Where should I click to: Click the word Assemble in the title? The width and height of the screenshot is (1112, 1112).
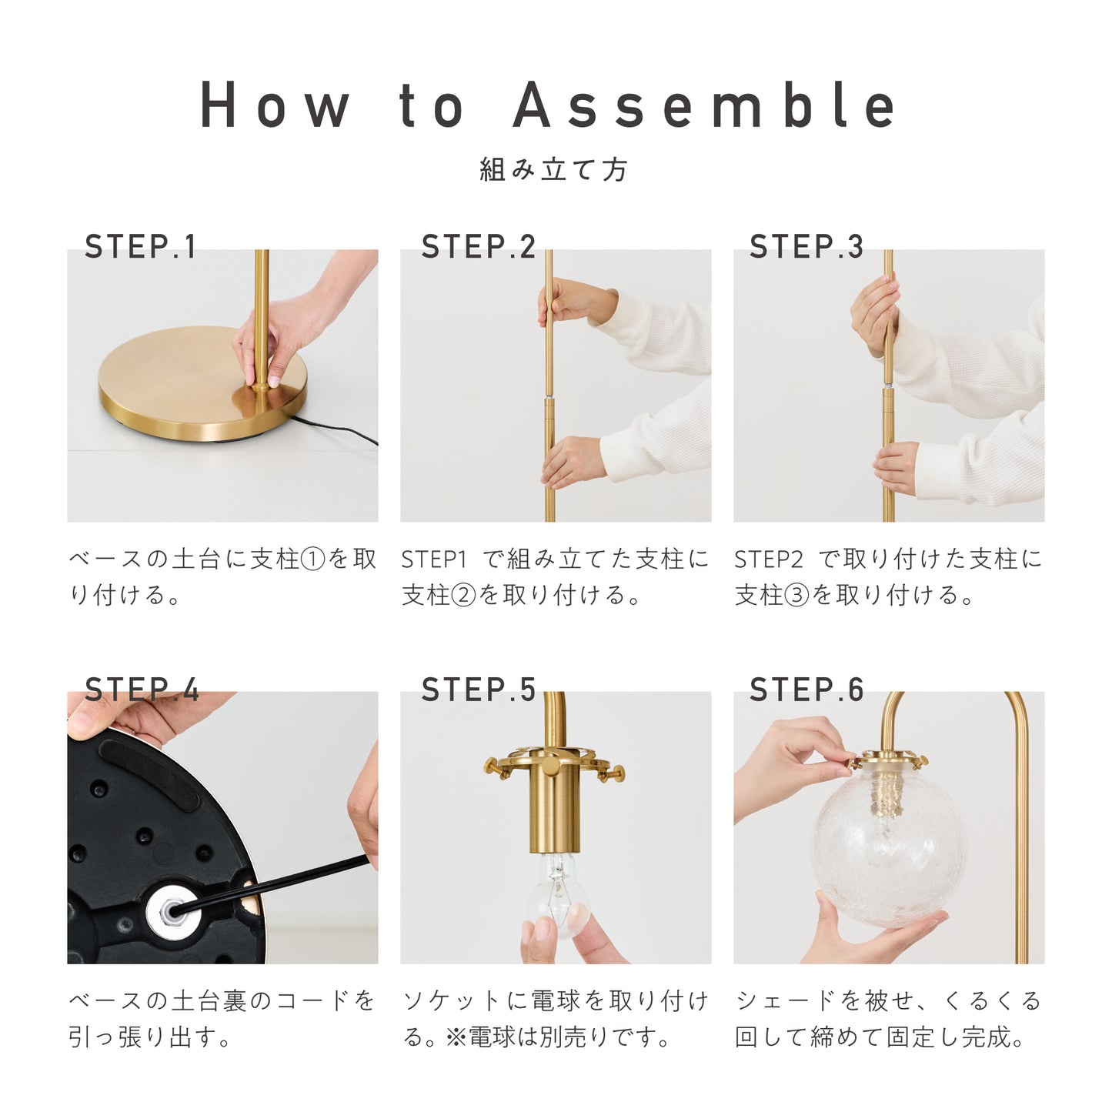pos(704,104)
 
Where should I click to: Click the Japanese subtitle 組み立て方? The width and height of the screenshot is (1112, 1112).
pos(553,169)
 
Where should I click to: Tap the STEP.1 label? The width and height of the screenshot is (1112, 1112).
pos(140,246)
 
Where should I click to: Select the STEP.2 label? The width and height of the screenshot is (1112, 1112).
pos(479,246)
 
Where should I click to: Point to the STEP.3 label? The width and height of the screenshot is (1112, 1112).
pos(806,246)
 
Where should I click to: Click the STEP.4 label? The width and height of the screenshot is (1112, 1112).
pos(142,689)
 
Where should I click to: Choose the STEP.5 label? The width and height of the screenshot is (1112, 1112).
pos(479,689)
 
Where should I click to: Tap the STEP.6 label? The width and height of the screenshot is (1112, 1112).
pos(806,689)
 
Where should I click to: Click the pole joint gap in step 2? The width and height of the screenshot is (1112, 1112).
pos(549,396)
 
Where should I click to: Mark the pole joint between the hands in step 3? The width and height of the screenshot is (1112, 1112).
pos(889,384)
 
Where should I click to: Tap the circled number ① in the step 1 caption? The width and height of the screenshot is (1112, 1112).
pos(313,559)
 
